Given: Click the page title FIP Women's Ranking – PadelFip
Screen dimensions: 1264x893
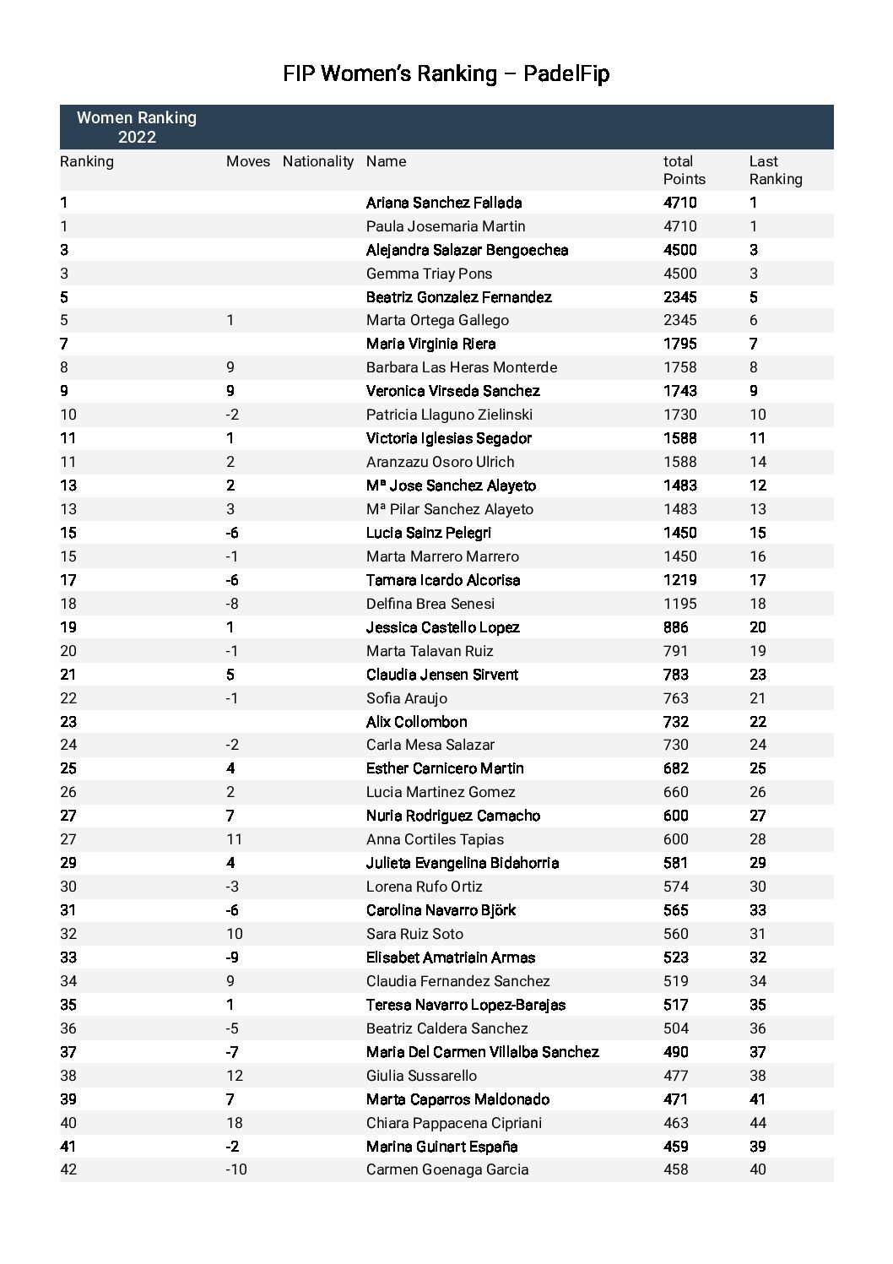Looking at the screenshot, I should tap(446, 74).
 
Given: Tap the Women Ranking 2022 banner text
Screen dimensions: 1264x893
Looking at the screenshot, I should tap(137, 127).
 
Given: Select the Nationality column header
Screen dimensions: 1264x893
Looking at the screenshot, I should tap(318, 161).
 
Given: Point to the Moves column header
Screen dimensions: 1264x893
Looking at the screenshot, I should tap(248, 161).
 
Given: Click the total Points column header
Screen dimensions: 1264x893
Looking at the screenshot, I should tap(684, 170).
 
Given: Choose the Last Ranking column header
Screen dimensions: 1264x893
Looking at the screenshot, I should tap(775, 170).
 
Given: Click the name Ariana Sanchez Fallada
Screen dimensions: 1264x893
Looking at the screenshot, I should tap(444, 203).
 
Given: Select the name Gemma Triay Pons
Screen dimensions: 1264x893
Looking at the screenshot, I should tap(429, 274).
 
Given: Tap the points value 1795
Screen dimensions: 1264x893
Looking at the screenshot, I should tap(680, 344).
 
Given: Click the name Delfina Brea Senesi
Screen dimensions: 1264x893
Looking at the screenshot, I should tap(430, 604).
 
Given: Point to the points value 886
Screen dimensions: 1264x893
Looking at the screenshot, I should tap(675, 627).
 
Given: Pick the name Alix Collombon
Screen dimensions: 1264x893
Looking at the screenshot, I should tap(416, 722).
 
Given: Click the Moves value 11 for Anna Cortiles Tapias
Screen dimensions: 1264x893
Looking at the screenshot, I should tap(234, 839).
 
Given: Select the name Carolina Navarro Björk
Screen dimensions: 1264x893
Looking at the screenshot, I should tap(441, 910).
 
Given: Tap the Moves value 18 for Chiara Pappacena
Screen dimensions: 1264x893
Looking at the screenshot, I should tap(234, 1123).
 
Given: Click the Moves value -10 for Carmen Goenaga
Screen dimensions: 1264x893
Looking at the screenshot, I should tap(236, 1170).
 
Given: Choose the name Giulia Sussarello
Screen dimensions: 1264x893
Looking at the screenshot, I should tap(421, 1076).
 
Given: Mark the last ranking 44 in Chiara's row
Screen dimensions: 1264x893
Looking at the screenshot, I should tap(758, 1123).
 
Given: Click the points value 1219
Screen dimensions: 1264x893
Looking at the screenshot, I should tap(680, 580).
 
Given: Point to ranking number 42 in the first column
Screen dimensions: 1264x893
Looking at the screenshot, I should tap(68, 1170).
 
